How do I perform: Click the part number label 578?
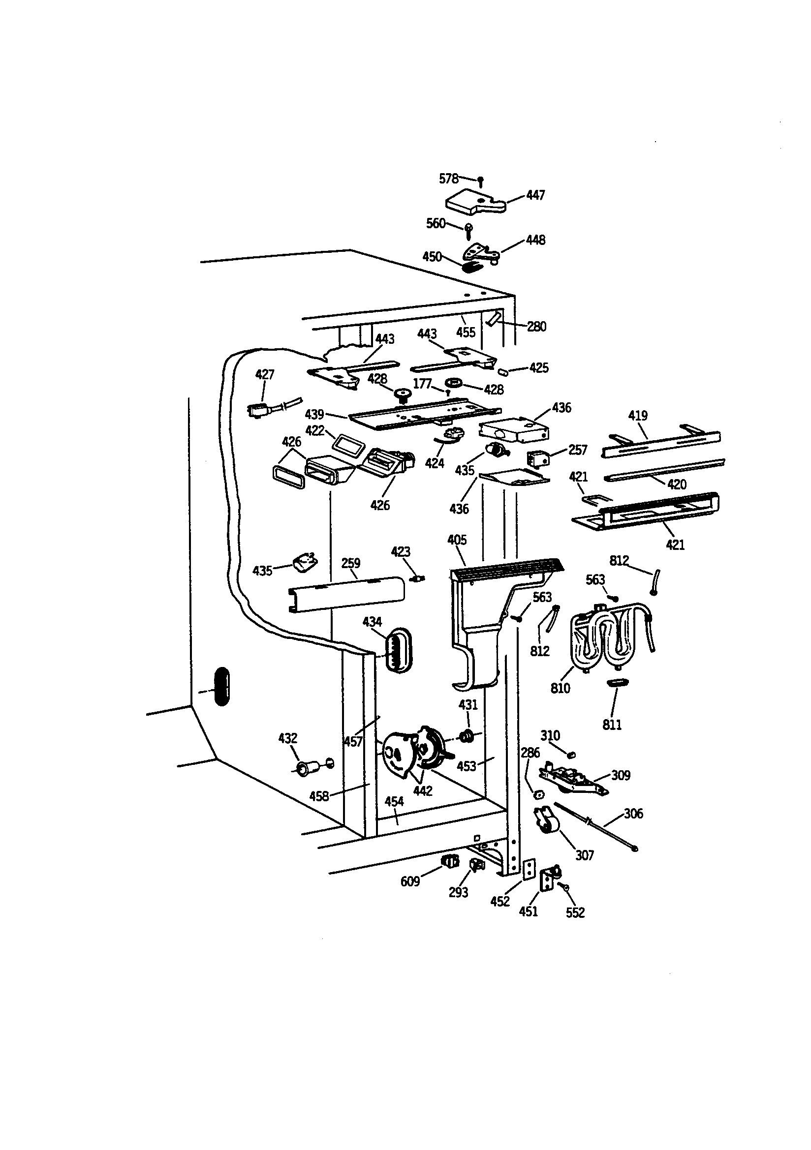click(448, 179)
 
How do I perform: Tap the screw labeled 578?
click(481, 182)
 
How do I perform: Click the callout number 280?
click(536, 327)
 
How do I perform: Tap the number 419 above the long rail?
click(638, 415)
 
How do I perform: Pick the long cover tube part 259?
click(346, 595)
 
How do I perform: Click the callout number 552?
click(575, 912)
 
